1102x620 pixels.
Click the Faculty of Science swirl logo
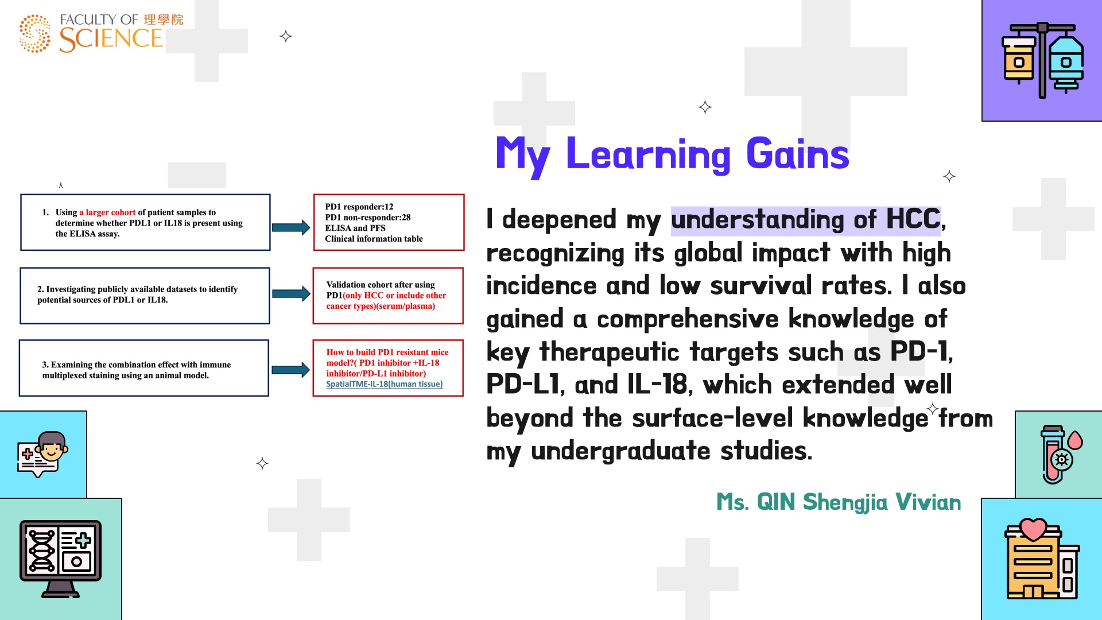[35, 33]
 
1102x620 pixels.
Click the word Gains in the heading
[797, 154]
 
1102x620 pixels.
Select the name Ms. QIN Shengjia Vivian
[839, 502]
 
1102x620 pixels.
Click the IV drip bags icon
[1042, 60]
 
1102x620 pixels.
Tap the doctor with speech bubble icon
[43, 454]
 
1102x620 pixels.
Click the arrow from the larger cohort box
[291, 227]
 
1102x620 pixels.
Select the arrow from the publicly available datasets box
[291, 294]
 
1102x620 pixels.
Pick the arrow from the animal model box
[290, 370]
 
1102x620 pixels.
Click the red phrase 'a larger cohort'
[107, 212]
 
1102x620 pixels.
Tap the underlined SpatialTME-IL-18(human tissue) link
[385, 384]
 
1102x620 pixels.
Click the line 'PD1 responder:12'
[359, 207]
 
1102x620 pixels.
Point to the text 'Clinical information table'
[374, 239]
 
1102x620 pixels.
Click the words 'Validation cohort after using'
[381, 285]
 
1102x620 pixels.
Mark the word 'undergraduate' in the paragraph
[621, 451]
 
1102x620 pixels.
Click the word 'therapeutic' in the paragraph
[610, 352]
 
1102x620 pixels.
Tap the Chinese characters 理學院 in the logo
[164, 20]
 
